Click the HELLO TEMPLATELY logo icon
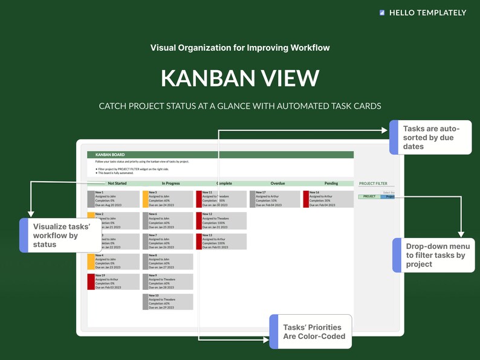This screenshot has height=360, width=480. (x=382, y=13)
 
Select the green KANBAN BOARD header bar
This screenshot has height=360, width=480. (x=220, y=155)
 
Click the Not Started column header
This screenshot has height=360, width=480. (x=117, y=183)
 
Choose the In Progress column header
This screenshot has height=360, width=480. (x=171, y=183)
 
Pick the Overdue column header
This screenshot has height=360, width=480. (x=277, y=183)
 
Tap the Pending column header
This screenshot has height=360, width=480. (x=331, y=183)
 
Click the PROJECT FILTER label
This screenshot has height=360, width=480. (x=373, y=183)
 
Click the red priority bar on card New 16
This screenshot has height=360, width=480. (x=306, y=199)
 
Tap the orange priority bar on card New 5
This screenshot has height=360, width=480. (x=145, y=199)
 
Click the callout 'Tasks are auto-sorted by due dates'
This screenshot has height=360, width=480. (x=432, y=137)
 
